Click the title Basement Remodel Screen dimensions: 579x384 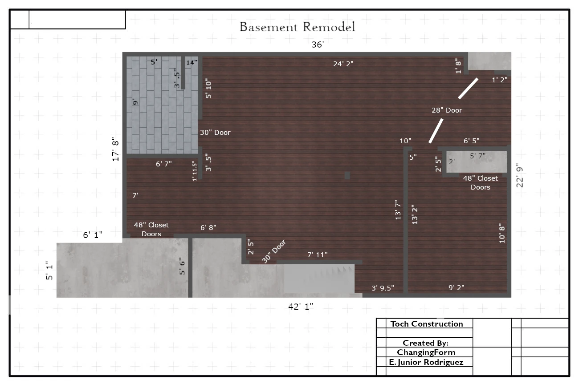click(x=297, y=27)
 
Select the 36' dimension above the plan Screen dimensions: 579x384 click(x=318, y=44)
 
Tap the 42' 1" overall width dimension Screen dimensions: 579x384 click(x=301, y=307)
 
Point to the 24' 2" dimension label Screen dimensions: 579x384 click(x=343, y=64)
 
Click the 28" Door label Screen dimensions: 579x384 click(x=447, y=110)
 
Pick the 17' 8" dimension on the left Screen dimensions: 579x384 click(x=115, y=151)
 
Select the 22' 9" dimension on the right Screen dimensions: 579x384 click(x=520, y=175)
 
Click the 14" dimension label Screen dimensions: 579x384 click(x=192, y=62)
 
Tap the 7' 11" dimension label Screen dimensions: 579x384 click(x=318, y=255)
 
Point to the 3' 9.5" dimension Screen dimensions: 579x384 click(x=383, y=288)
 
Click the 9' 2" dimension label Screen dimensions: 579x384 click(x=457, y=287)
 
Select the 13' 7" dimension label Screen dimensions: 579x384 click(x=398, y=210)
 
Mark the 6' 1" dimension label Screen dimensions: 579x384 click(x=93, y=235)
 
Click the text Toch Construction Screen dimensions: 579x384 click(x=427, y=324)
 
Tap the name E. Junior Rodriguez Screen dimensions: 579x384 click(x=426, y=362)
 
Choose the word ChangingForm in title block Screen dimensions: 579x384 click(x=426, y=352)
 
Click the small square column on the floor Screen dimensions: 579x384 click(x=347, y=176)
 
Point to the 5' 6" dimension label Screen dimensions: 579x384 click(x=182, y=266)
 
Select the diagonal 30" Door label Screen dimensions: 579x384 click(x=274, y=251)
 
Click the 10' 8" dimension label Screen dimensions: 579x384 click(x=502, y=234)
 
